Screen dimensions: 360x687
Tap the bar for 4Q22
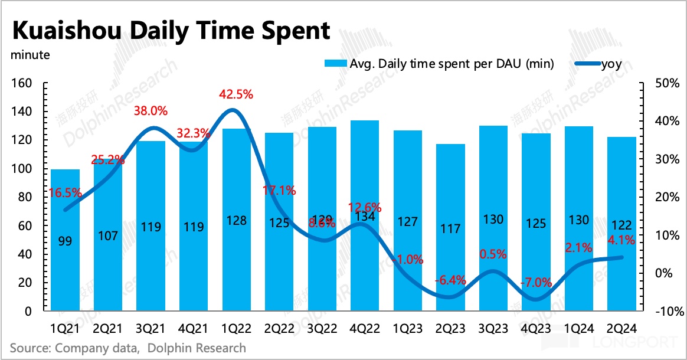click(x=365, y=266)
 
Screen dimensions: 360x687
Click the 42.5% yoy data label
click(x=235, y=94)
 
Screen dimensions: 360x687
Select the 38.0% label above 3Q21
click(x=151, y=110)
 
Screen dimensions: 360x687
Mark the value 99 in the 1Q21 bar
click(x=65, y=240)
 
